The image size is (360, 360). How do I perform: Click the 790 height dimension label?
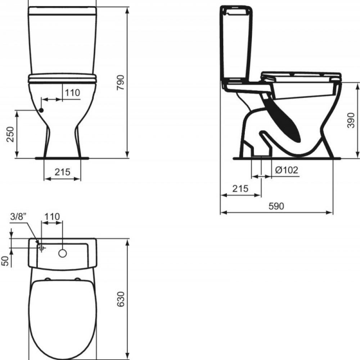(120, 82)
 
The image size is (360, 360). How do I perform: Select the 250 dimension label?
(10, 134)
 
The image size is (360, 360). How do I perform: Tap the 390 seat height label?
(351, 120)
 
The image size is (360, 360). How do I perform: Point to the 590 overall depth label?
(276, 206)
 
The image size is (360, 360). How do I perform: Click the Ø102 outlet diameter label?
(287, 170)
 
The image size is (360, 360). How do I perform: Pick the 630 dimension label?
(121, 299)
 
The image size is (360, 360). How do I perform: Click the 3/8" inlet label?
(18, 216)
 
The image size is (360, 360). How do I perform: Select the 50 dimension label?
(5, 261)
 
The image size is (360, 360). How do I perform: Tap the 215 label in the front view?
(62, 172)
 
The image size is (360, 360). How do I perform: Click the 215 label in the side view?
(240, 189)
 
